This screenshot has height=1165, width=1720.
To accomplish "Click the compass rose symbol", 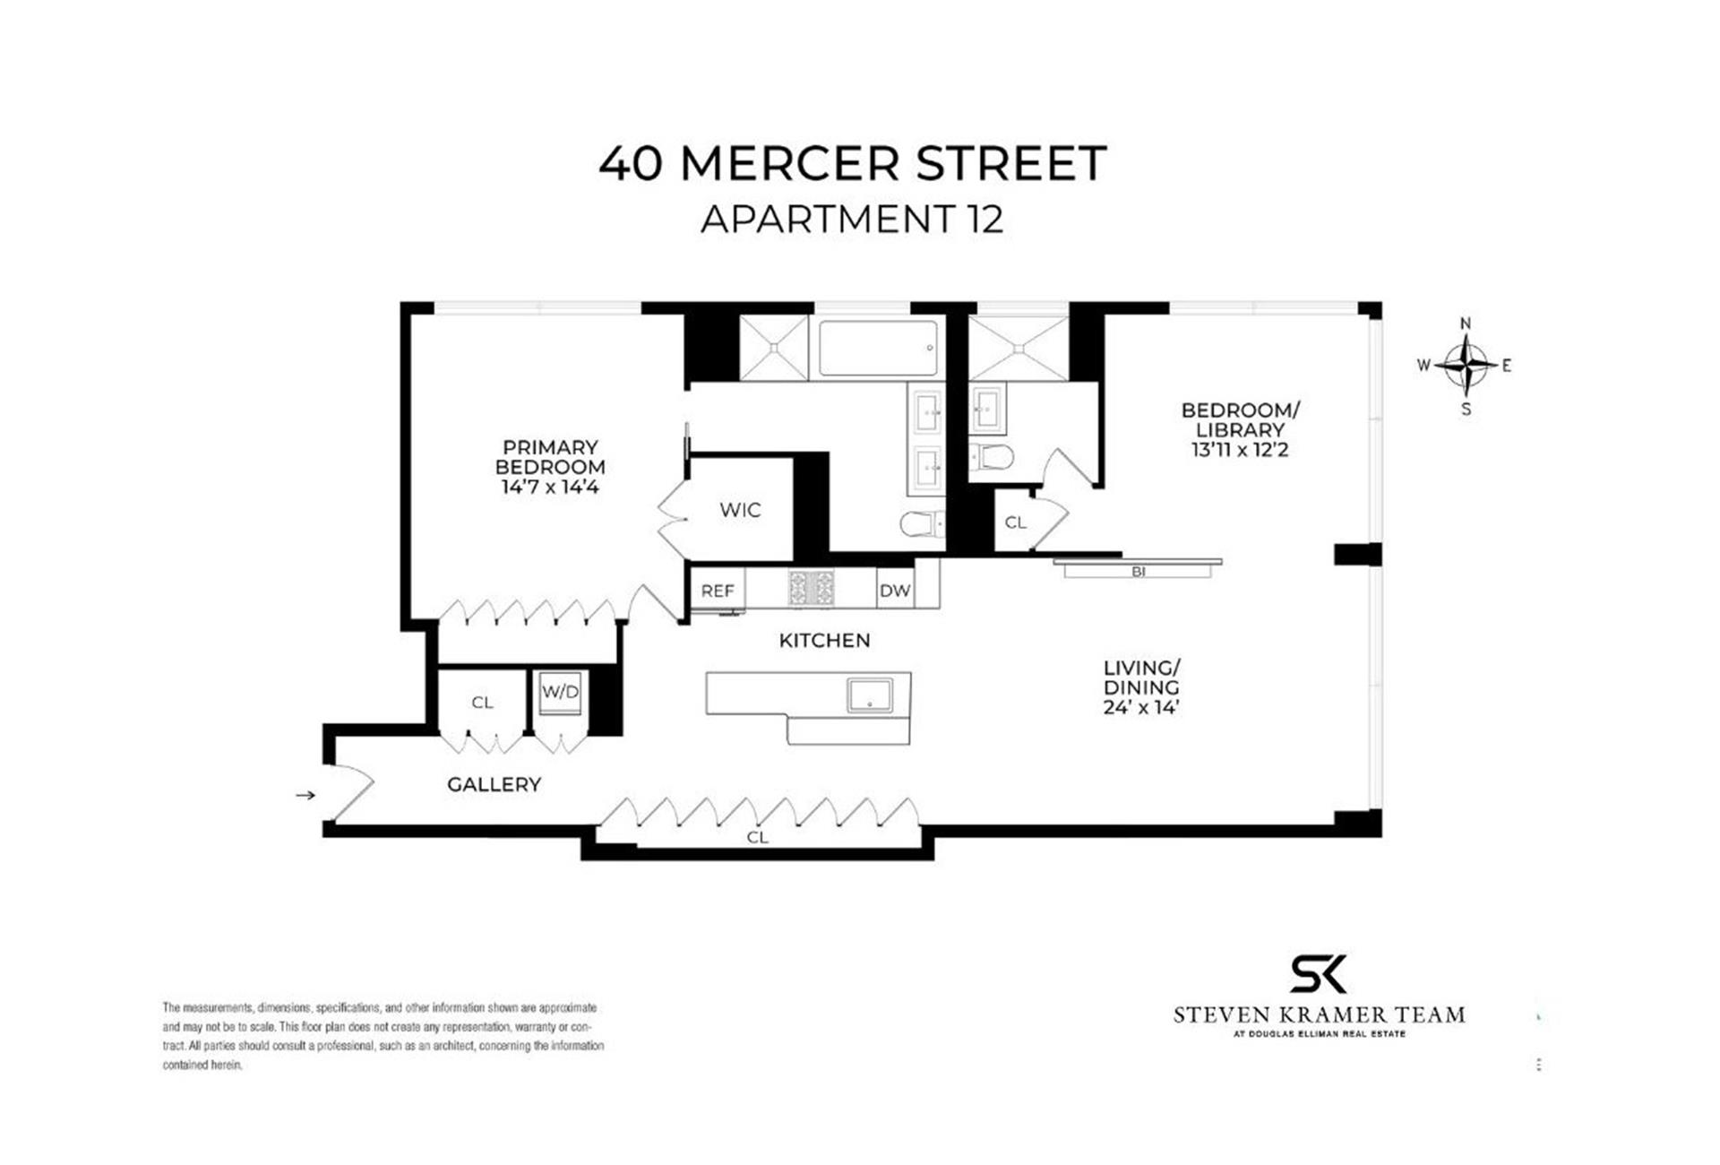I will click(1466, 365).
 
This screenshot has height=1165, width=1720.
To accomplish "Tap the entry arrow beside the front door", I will click(305, 795).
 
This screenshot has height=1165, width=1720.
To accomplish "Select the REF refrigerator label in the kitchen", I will click(718, 591).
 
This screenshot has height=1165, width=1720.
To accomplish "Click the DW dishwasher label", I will click(895, 591).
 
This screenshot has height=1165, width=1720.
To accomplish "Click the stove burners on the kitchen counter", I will click(811, 588).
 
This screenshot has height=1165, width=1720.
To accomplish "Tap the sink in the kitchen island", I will click(870, 695).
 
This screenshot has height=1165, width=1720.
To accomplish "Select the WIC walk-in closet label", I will click(740, 510).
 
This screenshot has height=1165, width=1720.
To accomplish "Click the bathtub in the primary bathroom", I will click(878, 348).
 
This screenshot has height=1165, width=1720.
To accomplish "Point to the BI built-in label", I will click(1139, 572).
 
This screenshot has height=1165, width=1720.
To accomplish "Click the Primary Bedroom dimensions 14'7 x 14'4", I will click(550, 488).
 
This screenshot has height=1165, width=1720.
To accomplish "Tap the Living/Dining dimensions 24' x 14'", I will click(1140, 707).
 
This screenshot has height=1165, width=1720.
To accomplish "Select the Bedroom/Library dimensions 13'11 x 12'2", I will click(1240, 450).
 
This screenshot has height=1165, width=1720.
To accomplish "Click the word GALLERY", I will click(494, 785).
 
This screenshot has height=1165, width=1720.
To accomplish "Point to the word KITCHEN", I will click(824, 641).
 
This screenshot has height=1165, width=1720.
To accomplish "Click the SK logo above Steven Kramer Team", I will click(1318, 974).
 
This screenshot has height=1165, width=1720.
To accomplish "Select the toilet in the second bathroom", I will click(992, 458).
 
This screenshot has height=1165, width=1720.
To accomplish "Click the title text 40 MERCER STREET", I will click(852, 164).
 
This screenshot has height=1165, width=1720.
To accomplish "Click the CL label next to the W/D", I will click(482, 703).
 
